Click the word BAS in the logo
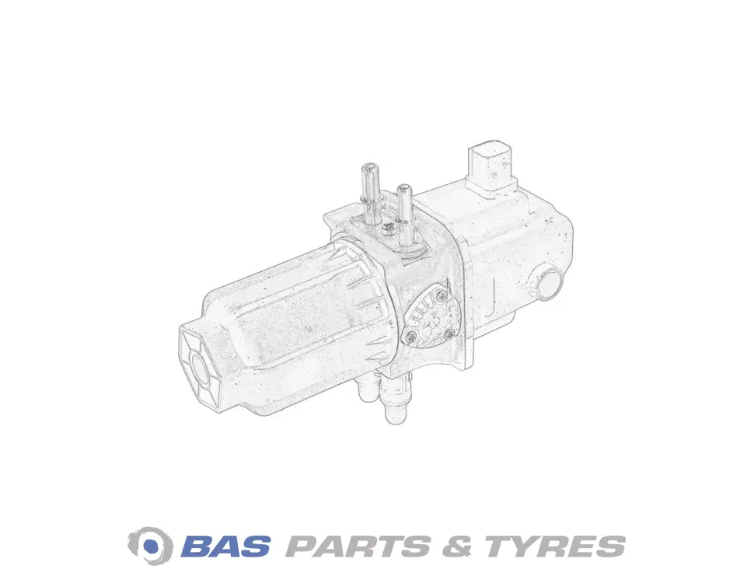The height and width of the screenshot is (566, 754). click(225, 547)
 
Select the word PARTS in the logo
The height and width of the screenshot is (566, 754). click(358, 547)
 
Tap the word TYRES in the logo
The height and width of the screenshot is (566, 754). click(555, 547)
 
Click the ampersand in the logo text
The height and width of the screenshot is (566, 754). click(457, 547)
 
